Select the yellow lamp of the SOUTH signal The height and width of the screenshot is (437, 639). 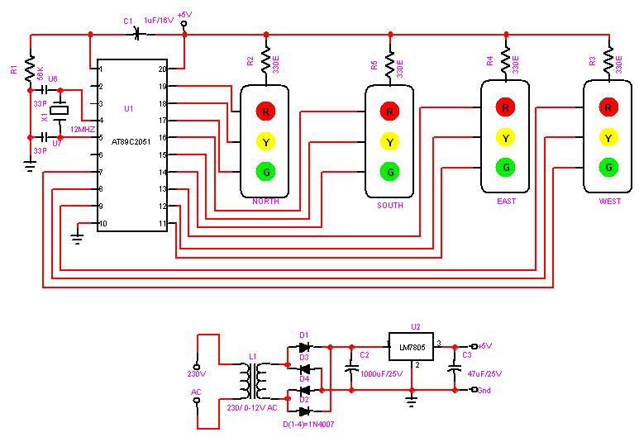point(390,141)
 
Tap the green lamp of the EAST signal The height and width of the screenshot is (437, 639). point(505,166)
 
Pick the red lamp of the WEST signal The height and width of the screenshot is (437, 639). point(608,107)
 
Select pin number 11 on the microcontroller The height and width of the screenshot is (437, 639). point(162,224)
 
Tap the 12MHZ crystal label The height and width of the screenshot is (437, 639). point(82,131)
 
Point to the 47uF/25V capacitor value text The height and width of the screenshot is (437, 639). point(483,373)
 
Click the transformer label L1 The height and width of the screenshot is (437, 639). point(253,357)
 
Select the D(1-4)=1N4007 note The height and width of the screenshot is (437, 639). point(314,425)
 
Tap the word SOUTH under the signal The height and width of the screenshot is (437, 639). point(389,206)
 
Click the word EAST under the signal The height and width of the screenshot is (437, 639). point(506,201)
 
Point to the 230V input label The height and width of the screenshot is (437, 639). point(196,374)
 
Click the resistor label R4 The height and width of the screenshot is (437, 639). point(490,61)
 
